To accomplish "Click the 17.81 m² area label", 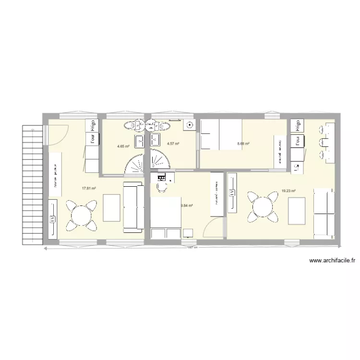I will point(89,189).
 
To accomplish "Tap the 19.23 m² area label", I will point(288,191).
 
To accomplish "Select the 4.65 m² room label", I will point(123,146).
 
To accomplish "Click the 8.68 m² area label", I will point(243,143).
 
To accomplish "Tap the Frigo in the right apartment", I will point(298,125).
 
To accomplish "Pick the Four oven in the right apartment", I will point(298,142).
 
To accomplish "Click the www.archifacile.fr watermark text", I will point(332,261).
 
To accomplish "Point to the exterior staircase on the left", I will point(31,182).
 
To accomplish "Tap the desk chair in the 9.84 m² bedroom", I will point(161,187).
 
